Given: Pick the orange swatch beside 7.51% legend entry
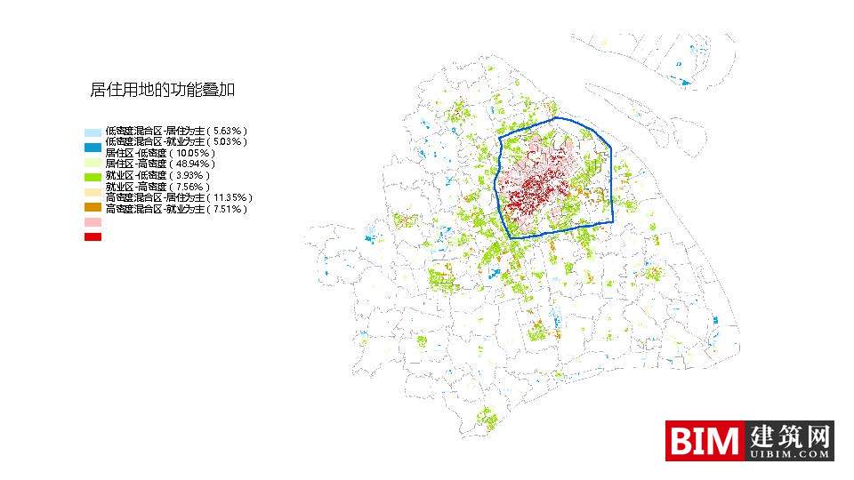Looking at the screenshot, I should pos(93,207).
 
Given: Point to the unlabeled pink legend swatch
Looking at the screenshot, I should pos(93,222).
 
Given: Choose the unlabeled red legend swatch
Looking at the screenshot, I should pos(93,236).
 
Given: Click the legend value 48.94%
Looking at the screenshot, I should pos(195,164).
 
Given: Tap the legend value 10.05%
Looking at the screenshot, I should pos(195,153).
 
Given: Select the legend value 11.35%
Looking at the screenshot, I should pos(233,197).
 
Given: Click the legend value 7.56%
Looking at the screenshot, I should pos(192,187).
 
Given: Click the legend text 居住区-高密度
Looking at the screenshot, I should pos(135,164).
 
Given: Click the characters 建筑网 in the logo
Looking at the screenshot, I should pos(790,436).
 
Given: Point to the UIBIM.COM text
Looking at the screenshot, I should pos(790,454).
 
